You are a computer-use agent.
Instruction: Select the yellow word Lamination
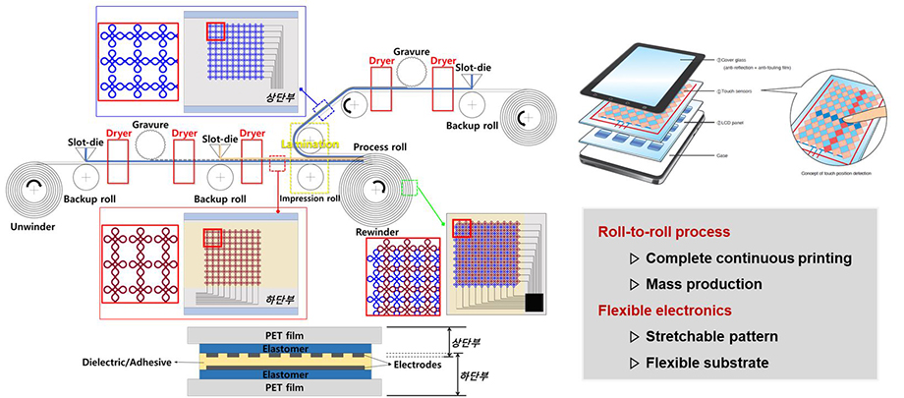(311, 143)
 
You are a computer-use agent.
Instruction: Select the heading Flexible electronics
(665, 311)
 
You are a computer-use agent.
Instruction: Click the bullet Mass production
(704, 284)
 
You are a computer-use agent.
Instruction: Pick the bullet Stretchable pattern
(711, 336)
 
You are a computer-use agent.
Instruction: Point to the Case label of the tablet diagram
(724, 154)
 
